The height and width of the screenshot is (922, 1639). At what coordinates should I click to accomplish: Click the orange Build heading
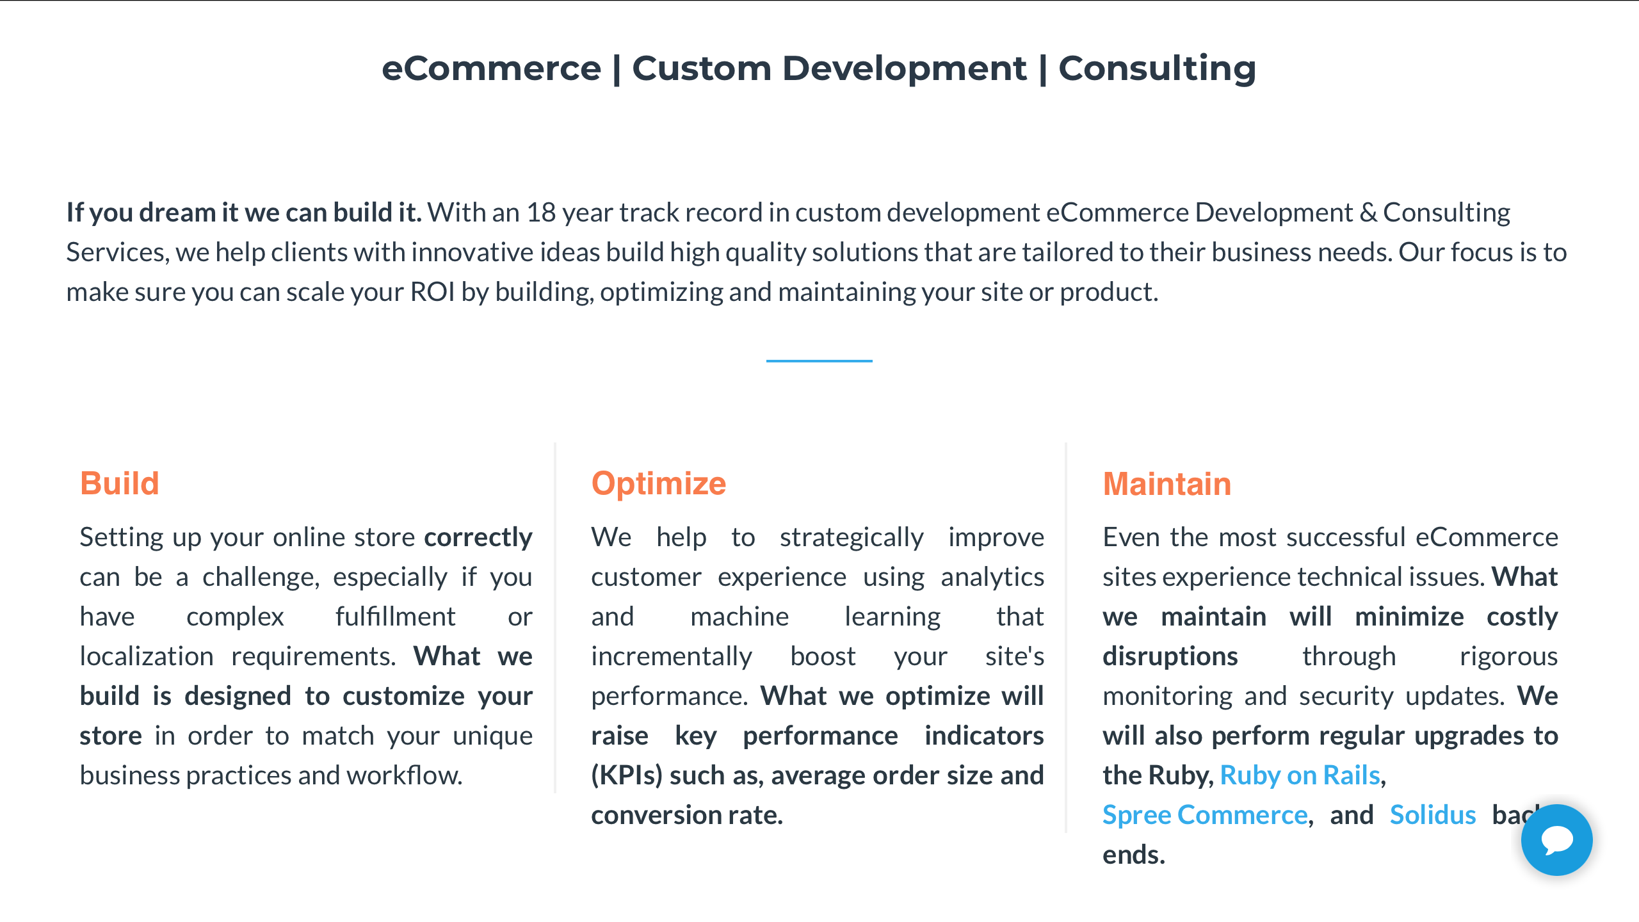pos(119,483)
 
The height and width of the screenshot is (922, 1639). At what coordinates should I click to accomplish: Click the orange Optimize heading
pos(658,484)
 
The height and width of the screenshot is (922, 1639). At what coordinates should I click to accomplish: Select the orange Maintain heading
pos(1167,484)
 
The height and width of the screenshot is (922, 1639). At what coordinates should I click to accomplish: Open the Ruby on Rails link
pos(1300,775)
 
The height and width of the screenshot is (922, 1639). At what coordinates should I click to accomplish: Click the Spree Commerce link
pos(1205,815)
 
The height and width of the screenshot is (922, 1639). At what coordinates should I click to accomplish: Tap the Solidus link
pos(1433,815)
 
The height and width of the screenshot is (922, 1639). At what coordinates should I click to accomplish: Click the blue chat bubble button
pos(1556,840)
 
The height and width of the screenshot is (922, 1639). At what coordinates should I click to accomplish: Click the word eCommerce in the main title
pos(492,69)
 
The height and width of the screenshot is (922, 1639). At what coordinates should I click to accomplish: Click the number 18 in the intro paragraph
pos(541,213)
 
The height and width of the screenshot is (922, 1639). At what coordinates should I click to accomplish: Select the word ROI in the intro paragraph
pos(432,292)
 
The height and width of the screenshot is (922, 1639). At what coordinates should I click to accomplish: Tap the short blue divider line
pos(819,361)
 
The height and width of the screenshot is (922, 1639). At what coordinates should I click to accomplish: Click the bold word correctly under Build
pos(478,538)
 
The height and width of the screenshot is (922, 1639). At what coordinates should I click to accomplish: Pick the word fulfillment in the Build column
pos(396,617)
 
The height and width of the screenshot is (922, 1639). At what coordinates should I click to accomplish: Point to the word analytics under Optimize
pos(992,578)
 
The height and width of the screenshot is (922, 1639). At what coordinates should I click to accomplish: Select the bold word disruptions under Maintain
pos(1170,657)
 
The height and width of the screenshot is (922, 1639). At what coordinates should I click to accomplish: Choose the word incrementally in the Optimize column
pos(672,657)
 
